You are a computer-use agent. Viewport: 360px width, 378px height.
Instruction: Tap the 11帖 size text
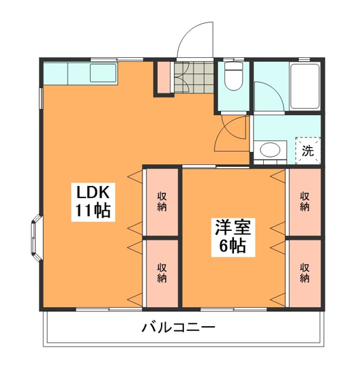point(91,210)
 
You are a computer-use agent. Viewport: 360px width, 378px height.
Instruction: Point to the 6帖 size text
point(232,246)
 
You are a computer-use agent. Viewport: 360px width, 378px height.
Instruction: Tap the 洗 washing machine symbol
point(308,151)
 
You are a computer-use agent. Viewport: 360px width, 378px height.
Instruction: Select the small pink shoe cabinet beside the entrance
point(164,76)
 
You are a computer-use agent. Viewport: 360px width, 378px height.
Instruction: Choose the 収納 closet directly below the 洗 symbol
point(305,202)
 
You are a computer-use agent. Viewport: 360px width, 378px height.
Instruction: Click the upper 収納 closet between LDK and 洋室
point(162,202)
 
